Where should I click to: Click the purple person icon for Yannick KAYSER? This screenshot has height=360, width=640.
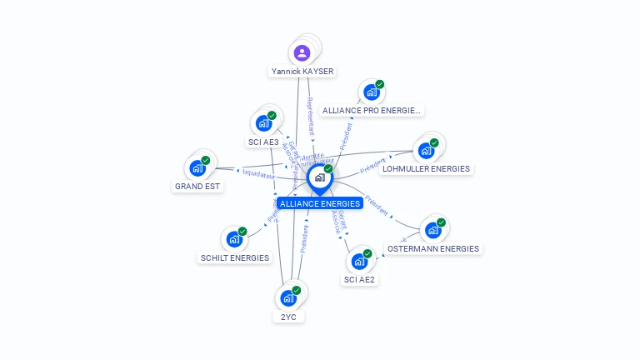302,53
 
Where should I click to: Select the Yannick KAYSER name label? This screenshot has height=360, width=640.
302,72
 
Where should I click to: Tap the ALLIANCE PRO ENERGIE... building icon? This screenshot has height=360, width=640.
371,92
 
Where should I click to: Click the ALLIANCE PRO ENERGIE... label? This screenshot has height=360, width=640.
372,110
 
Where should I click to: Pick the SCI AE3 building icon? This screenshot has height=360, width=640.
264,123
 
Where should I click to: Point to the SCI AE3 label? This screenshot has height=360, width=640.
263,142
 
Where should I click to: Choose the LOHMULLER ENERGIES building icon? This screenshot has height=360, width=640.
426,151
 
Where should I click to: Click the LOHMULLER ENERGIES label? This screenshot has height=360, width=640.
426,169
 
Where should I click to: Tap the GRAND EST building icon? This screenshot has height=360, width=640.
197,167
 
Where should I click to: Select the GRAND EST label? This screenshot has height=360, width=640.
197,187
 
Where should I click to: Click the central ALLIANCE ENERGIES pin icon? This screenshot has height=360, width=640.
319,177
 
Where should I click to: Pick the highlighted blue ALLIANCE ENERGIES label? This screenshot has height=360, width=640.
320,203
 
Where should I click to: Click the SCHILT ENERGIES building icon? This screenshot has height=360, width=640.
235,240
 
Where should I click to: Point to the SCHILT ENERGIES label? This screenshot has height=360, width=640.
235,258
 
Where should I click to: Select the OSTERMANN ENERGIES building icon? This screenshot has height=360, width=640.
433,231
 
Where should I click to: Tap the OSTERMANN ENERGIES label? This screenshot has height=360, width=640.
433,248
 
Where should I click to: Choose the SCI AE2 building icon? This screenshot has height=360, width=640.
360,262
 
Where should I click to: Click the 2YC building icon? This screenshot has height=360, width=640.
288,298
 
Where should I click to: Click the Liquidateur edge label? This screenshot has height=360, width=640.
258,174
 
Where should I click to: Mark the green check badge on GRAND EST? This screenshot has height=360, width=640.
205,160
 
